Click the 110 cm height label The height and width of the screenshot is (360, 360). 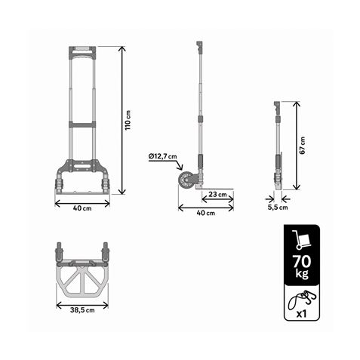click(128, 120)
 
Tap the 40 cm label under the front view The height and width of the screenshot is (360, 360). click(82, 209)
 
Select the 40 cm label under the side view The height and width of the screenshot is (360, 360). click(205, 213)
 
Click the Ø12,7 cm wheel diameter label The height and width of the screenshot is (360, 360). click(162, 156)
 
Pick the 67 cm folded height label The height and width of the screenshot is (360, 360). click(303, 146)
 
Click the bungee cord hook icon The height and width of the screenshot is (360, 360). click(299, 301)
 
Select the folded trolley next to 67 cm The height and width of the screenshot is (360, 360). click(278, 151)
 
